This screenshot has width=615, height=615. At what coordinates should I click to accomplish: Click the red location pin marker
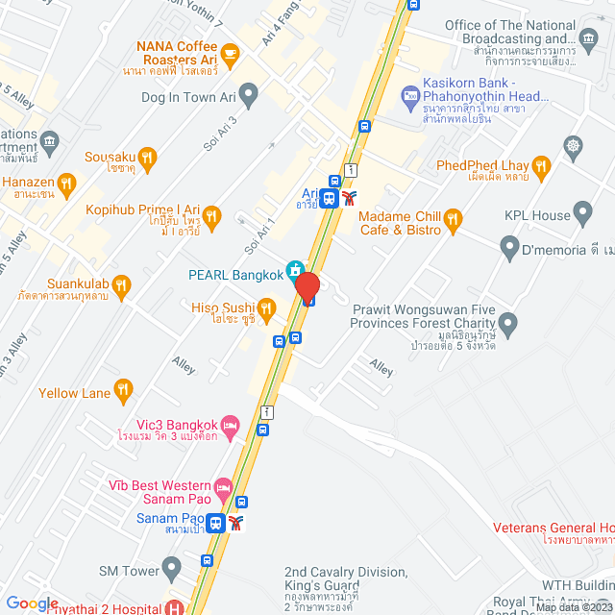pyautogui.click(x=307, y=287)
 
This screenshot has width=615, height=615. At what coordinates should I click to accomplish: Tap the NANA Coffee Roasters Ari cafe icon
pyautogui.click(x=229, y=54)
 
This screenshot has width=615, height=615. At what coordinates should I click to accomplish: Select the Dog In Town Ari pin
pyautogui.click(x=249, y=96)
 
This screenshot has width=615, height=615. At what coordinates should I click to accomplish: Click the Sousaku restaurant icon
pyautogui.click(x=146, y=157)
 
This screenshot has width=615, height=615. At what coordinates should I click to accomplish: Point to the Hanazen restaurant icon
pyautogui.click(x=66, y=182)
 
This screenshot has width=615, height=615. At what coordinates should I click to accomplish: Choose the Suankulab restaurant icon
pyautogui.click(x=121, y=284)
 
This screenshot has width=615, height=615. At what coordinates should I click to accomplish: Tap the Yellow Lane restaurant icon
pyautogui.click(x=122, y=390)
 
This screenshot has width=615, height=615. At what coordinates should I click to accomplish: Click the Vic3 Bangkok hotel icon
pyautogui.click(x=229, y=425)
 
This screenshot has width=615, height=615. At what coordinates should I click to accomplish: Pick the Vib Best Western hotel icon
pyautogui.click(x=223, y=487)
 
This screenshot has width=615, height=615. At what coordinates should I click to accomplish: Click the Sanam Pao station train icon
pyautogui.click(x=216, y=524)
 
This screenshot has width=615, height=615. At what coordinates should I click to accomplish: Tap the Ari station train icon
pyautogui.click(x=330, y=199)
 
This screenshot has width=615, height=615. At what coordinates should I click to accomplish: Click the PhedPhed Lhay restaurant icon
pyautogui.click(x=541, y=166)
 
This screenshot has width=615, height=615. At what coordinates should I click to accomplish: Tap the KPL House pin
pyautogui.click(x=582, y=211)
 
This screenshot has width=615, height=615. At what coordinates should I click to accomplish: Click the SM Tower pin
pyautogui.click(x=172, y=570)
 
